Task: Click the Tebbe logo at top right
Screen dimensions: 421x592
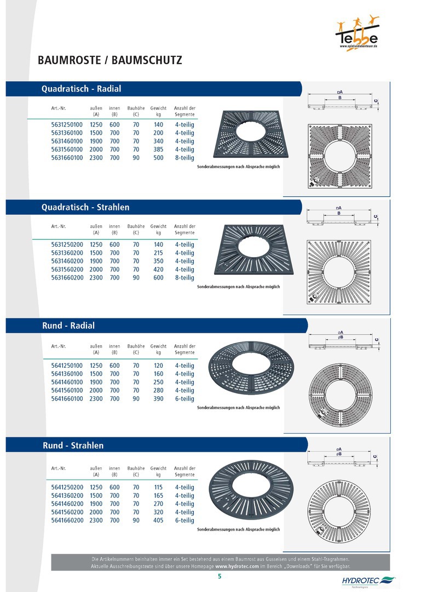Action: [357, 33]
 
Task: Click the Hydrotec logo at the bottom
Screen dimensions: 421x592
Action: [368, 582]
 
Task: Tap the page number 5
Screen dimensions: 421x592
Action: [220, 576]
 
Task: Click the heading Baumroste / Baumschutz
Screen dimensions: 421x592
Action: [110, 60]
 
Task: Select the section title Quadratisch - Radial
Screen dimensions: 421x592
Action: [81, 89]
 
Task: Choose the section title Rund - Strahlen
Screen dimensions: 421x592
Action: [73, 446]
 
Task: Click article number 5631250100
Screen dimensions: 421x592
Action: [67, 124]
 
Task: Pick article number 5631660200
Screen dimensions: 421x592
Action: [67, 277]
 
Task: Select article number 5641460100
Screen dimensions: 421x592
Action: [67, 382]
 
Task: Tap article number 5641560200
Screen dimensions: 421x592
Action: [67, 512]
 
